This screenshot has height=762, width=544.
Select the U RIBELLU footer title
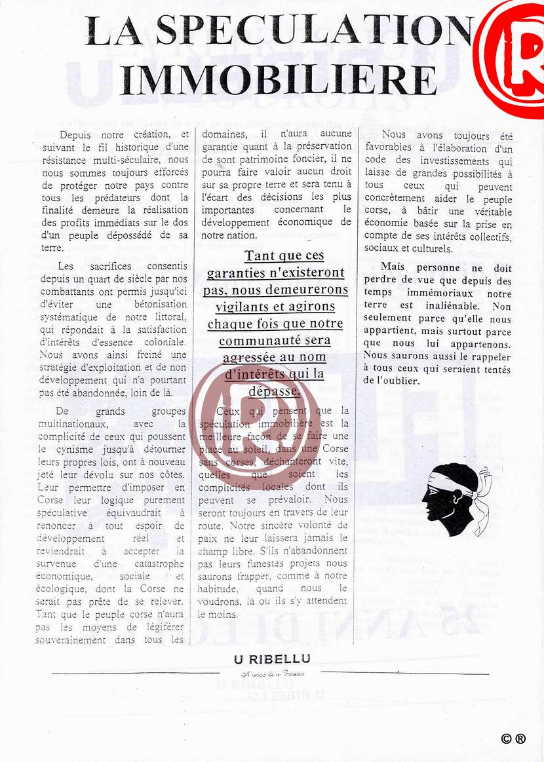272,659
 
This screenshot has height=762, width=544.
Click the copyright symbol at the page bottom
506,738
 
